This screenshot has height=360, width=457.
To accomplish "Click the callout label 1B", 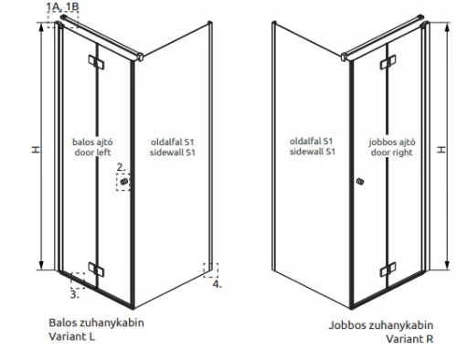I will tap(71, 6).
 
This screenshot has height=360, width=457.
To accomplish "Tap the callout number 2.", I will tap(120, 167).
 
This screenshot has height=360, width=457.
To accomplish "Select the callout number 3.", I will tap(73, 294).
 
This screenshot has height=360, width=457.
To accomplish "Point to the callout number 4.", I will tap(217, 284).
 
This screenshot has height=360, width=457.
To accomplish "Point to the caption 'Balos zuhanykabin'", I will tap(97, 323).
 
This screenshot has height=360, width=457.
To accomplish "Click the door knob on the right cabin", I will tap(360, 184).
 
